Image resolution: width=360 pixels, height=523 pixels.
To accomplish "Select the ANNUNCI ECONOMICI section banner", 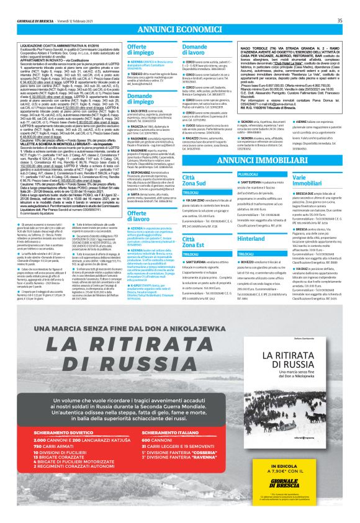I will (x=180, y=29).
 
